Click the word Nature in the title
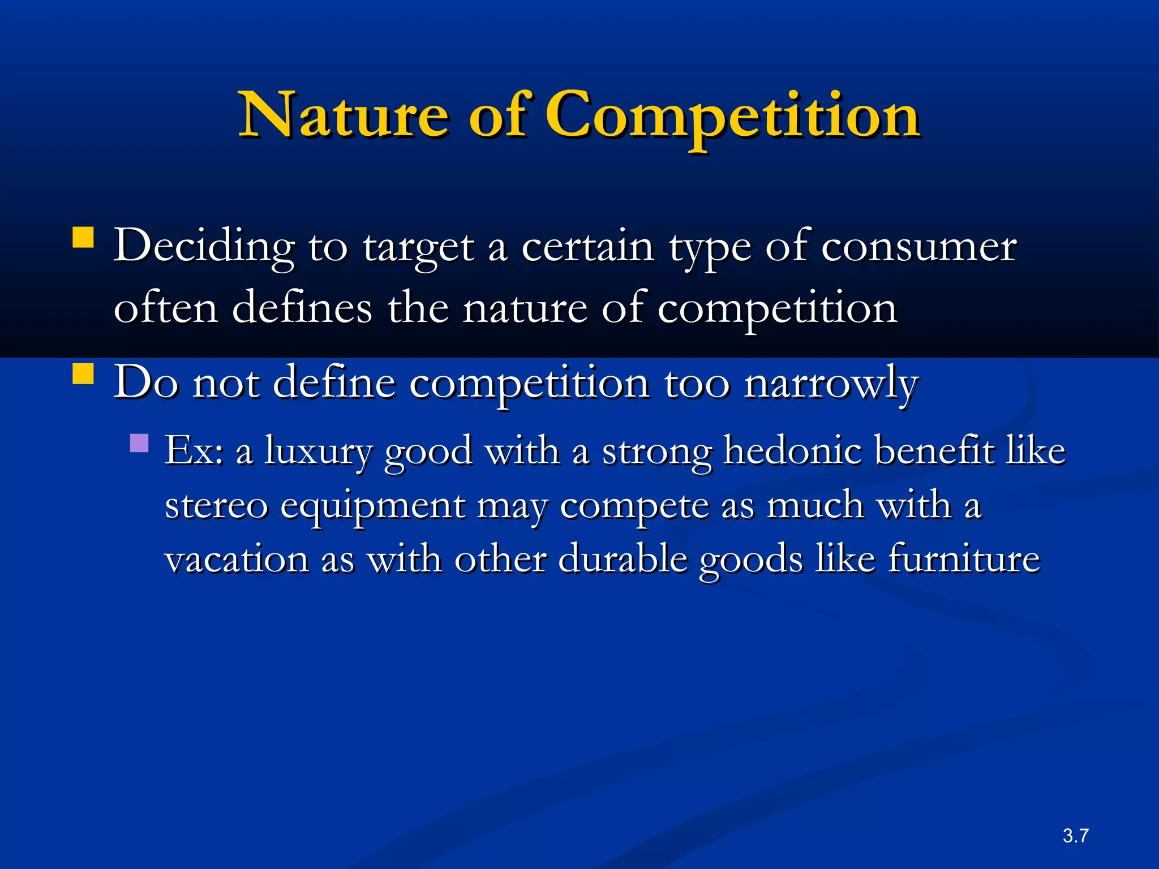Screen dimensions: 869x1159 click(345, 116)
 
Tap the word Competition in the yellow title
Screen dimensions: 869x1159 click(732, 116)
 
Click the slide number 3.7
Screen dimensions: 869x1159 click(1075, 836)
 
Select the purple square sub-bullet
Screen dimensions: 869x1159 click(139, 442)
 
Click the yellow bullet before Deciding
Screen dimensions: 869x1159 click(83, 238)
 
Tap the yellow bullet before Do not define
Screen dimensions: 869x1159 click(83, 374)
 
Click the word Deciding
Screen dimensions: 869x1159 click(204, 247)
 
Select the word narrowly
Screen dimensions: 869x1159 click(831, 384)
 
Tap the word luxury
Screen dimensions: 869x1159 click(319, 451)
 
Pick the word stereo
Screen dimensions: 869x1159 click(216, 505)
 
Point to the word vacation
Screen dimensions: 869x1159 click(237, 559)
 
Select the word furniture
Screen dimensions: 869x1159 click(963, 559)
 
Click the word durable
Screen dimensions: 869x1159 click(622, 559)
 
